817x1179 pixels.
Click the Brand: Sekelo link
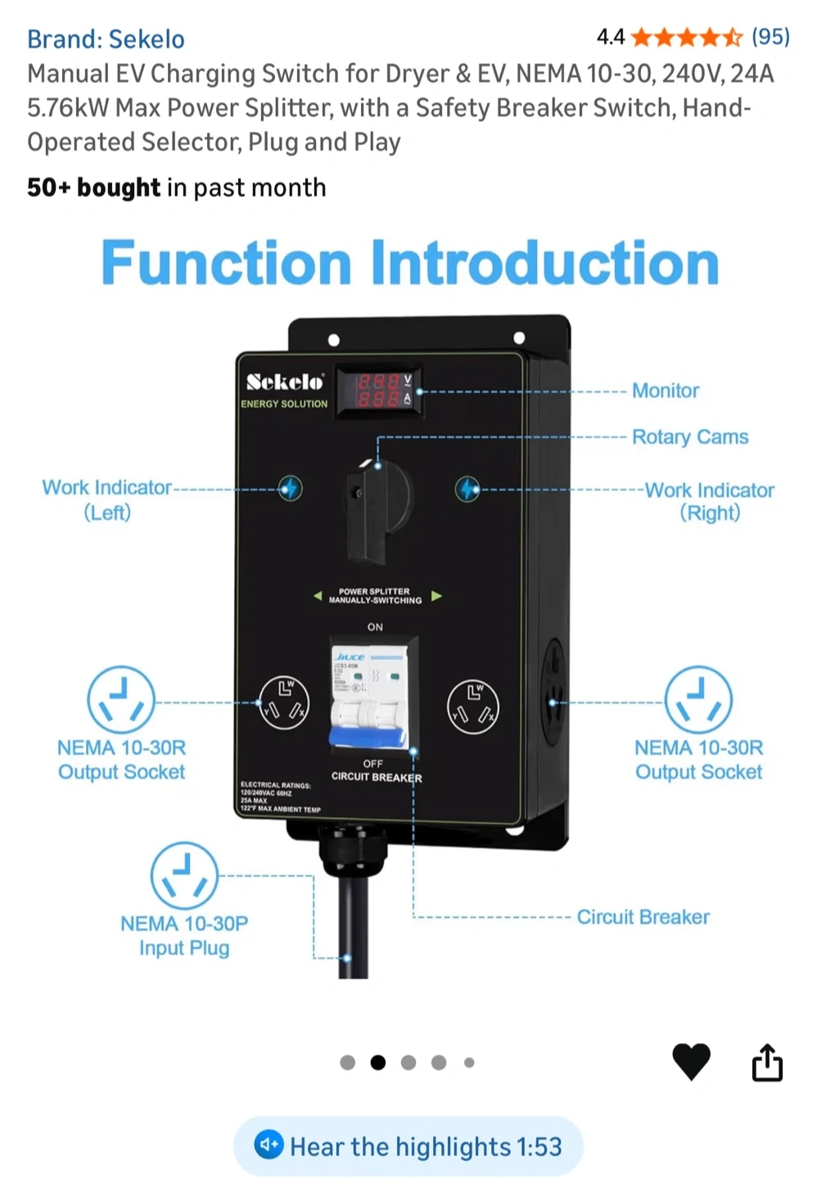click(x=106, y=39)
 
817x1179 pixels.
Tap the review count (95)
click(x=770, y=37)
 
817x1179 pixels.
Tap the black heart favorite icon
click(x=691, y=1062)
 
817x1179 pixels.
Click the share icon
click(x=767, y=1063)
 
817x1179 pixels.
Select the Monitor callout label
click(x=665, y=391)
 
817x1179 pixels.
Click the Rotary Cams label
click(x=689, y=437)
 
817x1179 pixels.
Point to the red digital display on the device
click(x=377, y=391)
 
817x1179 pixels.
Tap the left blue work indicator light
click(x=289, y=488)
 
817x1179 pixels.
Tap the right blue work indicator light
click(x=467, y=490)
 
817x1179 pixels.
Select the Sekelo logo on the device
click(x=284, y=382)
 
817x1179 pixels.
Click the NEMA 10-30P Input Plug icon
click(x=184, y=875)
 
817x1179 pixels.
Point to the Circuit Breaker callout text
click(x=643, y=917)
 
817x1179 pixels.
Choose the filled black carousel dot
click(x=377, y=1063)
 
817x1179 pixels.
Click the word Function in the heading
click(x=227, y=264)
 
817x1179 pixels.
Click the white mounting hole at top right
click(x=519, y=338)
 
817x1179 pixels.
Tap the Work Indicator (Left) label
click(x=107, y=499)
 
